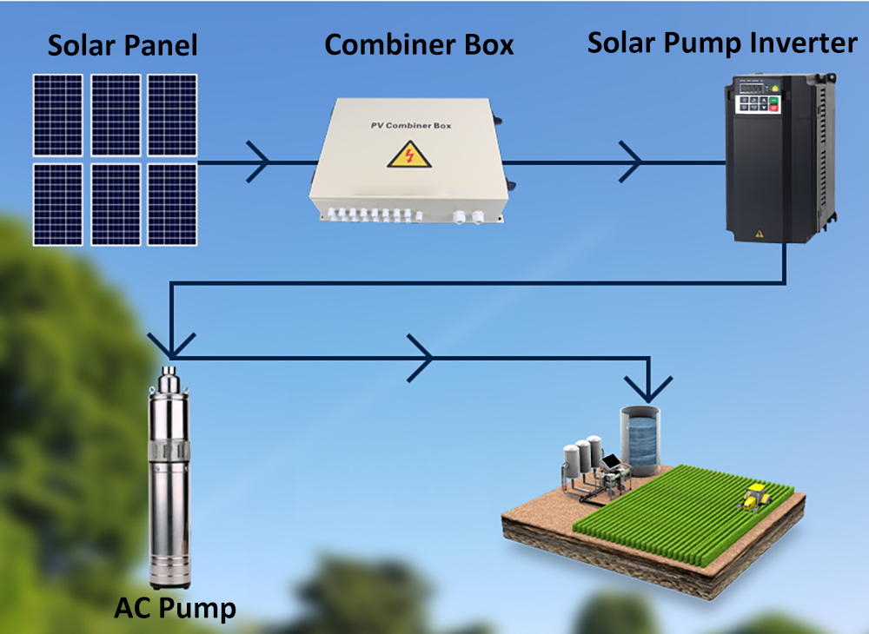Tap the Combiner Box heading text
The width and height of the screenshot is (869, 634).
(419, 44)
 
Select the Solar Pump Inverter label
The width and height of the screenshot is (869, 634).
(722, 43)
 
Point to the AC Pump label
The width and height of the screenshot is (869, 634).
(175, 608)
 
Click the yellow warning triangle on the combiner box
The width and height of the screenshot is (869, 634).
(401, 156)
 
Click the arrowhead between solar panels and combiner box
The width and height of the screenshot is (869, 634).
(258, 162)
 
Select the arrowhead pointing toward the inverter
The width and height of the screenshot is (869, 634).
(630, 162)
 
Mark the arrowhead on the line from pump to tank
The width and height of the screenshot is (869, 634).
(421, 356)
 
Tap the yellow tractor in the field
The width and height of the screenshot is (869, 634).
(754, 497)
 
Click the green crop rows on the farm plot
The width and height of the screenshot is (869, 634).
(687, 512)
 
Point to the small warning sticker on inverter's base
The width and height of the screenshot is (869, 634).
(760, 233)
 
